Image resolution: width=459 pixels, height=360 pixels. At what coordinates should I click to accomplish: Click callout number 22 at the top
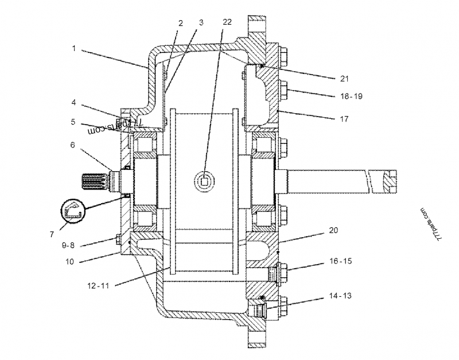tap(227, 22)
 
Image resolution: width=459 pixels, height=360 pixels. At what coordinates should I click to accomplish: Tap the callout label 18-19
tap(351, 96)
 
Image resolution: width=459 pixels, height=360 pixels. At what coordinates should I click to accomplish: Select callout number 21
tap(344, 79)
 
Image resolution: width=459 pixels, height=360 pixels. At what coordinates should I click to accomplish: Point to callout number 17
tap(344, 119)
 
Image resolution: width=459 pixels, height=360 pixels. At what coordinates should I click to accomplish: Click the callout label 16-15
tap(341, 261)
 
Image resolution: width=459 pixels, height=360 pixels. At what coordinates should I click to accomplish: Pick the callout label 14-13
tap(340, 296)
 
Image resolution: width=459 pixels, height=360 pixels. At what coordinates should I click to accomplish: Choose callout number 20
tap(333, 230)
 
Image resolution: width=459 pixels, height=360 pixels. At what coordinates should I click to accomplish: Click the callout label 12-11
tap(98, 285)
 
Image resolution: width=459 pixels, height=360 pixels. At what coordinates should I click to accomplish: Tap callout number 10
tap(69, 262)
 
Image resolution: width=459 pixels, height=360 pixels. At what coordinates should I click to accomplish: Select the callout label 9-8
tap(68, 245)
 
